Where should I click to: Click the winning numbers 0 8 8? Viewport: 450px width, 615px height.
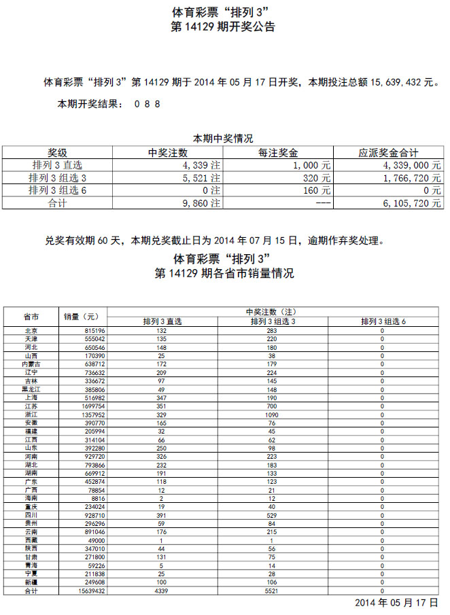pyautogui.click(x=147, y=105)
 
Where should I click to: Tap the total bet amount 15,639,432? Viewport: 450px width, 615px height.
pyautogui.click(x=385, y=82)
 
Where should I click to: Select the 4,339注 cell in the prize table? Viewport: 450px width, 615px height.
pyautogui.click(x=201, y=165)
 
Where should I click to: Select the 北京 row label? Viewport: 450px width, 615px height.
pyautogui.click(x=31, y=331)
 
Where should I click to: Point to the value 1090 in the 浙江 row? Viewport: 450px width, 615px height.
pyautogui.click(x=272, y=415)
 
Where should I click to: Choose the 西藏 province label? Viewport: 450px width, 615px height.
pyautogui.click(x=31, y=541)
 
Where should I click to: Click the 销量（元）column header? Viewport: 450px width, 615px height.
pyautogui.click(x=81, y=317)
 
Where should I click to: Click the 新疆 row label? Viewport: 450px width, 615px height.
pyautogui.click(x=31, y=583)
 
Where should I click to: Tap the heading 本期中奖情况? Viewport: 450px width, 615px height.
pyautogui.click(x=223, y=137)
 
